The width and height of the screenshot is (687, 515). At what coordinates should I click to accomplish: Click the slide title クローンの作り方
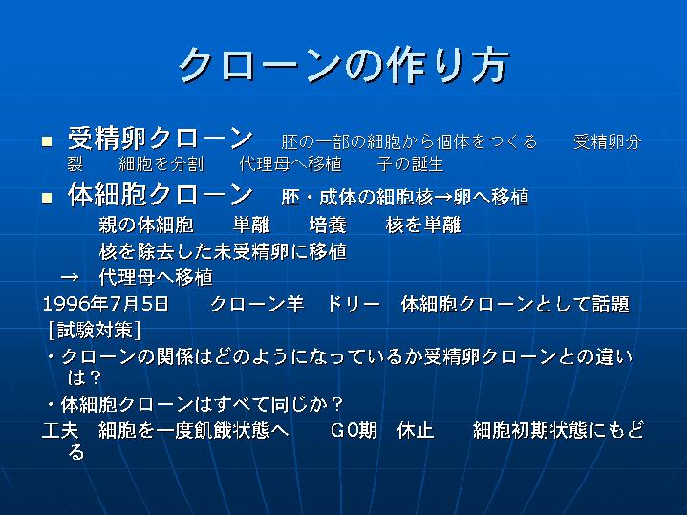(344, 65)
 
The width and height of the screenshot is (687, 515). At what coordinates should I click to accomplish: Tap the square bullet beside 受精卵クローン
(47, 141)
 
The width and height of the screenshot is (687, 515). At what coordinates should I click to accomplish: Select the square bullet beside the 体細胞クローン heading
(47, 198)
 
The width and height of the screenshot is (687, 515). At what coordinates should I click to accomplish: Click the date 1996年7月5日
(106, 304)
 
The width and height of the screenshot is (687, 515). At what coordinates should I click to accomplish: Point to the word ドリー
(354, 304)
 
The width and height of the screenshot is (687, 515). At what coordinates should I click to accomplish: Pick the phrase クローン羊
(257, 304)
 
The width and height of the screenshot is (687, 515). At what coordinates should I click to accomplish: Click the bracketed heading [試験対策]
(95, 330)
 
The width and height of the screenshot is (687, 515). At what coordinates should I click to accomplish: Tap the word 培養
(328, 225)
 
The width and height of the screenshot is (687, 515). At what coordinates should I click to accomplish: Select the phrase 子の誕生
(410, 164)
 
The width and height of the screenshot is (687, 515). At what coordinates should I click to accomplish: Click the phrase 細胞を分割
(161, 164)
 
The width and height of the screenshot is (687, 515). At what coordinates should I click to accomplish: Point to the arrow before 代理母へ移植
(70, 277)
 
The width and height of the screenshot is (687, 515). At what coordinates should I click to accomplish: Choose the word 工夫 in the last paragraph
(60, 430)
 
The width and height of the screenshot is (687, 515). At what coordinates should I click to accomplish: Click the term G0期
(354, 430)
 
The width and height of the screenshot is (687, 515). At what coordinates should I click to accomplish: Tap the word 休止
(416, 430)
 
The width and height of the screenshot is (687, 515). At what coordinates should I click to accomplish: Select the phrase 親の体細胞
(146, 225)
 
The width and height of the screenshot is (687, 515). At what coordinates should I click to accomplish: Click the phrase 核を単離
(423, 225)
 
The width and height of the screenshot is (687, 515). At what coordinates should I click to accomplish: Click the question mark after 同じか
(338, 404)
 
